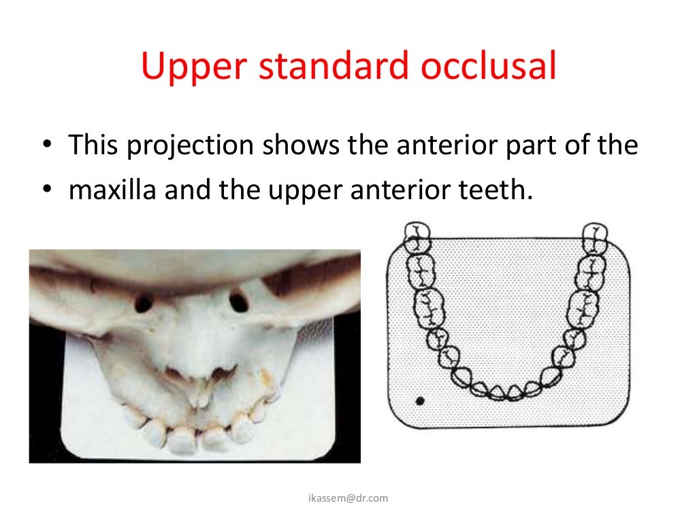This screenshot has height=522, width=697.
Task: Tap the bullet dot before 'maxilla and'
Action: point(46,191)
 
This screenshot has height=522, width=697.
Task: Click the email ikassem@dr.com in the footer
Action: point(347,498)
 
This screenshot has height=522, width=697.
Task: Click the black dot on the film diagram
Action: point(419,401)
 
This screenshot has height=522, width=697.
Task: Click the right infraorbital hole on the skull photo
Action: point(238,300)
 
